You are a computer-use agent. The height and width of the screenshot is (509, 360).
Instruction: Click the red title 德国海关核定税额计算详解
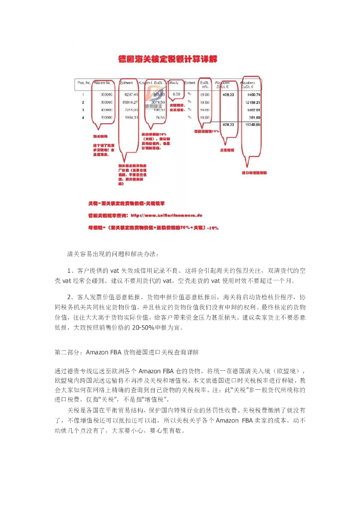[168, 59]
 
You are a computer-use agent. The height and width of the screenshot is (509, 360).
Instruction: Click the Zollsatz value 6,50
[176, 94]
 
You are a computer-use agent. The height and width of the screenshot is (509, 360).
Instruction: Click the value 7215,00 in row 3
[129, 109]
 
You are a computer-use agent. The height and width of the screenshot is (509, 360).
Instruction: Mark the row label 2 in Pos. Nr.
[83, 102]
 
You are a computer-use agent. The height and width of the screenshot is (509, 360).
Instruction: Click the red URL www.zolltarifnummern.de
[173, 216]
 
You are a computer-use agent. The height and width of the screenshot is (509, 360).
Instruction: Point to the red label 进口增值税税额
[254, 173]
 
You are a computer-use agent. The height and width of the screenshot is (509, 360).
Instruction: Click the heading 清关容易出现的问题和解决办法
[113, 254]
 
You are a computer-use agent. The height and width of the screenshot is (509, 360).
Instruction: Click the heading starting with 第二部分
[126, 352]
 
